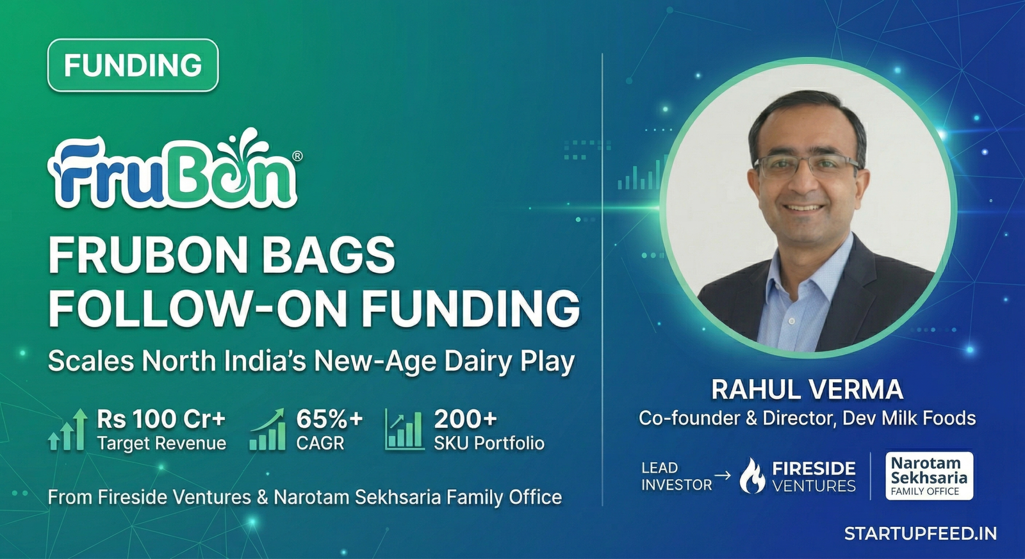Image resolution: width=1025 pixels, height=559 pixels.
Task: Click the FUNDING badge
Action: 133,65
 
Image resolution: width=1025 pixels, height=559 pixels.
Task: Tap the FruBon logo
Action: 173,172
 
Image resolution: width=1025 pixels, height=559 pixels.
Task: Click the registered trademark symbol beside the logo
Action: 297,156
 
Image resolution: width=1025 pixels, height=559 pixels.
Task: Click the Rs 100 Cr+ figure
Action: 161,419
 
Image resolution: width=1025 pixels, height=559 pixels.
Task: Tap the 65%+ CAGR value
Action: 329,419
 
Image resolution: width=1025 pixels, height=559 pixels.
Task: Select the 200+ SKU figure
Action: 465,419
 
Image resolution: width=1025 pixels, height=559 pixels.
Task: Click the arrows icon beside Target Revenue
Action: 68,430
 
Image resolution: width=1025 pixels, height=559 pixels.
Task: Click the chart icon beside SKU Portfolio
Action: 404,430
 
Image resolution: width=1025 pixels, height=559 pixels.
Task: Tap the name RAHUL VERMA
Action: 807,389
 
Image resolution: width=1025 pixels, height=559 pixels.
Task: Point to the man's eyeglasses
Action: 807,166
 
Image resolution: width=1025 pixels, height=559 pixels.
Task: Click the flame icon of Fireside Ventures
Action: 752,476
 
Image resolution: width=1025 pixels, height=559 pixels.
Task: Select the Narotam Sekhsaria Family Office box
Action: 929,476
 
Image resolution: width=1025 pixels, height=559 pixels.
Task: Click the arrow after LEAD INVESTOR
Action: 723,475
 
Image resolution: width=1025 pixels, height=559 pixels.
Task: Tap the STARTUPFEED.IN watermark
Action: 920,533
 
